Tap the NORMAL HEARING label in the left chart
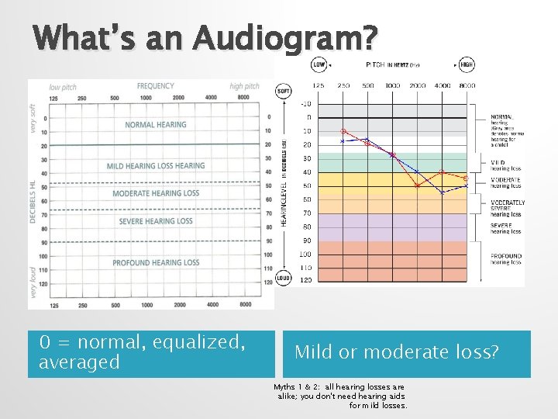(156, 124)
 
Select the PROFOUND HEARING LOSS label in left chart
(156, 263)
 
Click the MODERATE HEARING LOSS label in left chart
(156, 193)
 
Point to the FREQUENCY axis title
(156, 86)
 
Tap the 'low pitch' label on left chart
(64, 87)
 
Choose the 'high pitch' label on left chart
(245, 87)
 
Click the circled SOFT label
(284, 92)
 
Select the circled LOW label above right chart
(318, 64)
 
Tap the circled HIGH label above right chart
(467, 64)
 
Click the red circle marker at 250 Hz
(343, 131)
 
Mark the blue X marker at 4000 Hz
(443, 192)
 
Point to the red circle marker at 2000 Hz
(417, 185)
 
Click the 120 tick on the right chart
(306, 280)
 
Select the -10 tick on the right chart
(305, 104)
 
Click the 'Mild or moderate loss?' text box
(396, 352)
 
